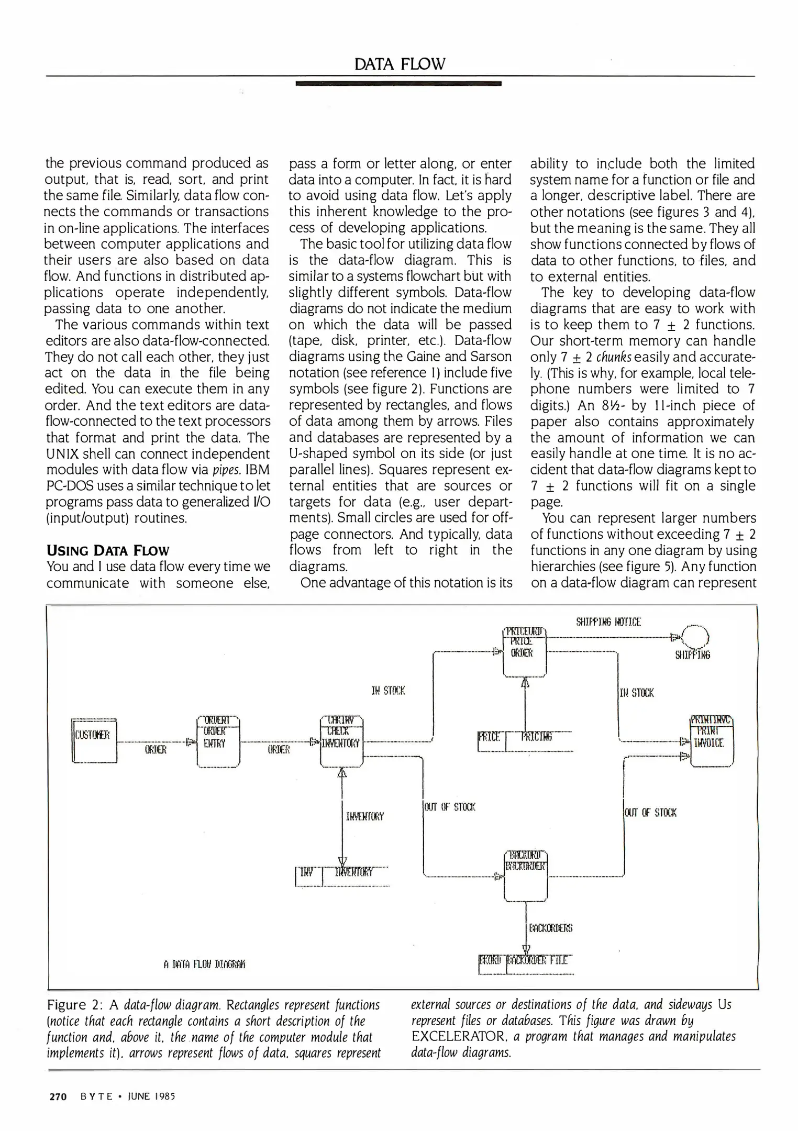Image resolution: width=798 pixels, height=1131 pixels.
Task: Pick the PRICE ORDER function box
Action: point(524,651)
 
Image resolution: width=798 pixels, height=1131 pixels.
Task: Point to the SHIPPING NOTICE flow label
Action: point(608,622)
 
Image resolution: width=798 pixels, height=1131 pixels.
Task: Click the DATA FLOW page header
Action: point(400,64)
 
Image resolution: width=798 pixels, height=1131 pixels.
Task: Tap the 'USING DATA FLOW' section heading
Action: point(108,551)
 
